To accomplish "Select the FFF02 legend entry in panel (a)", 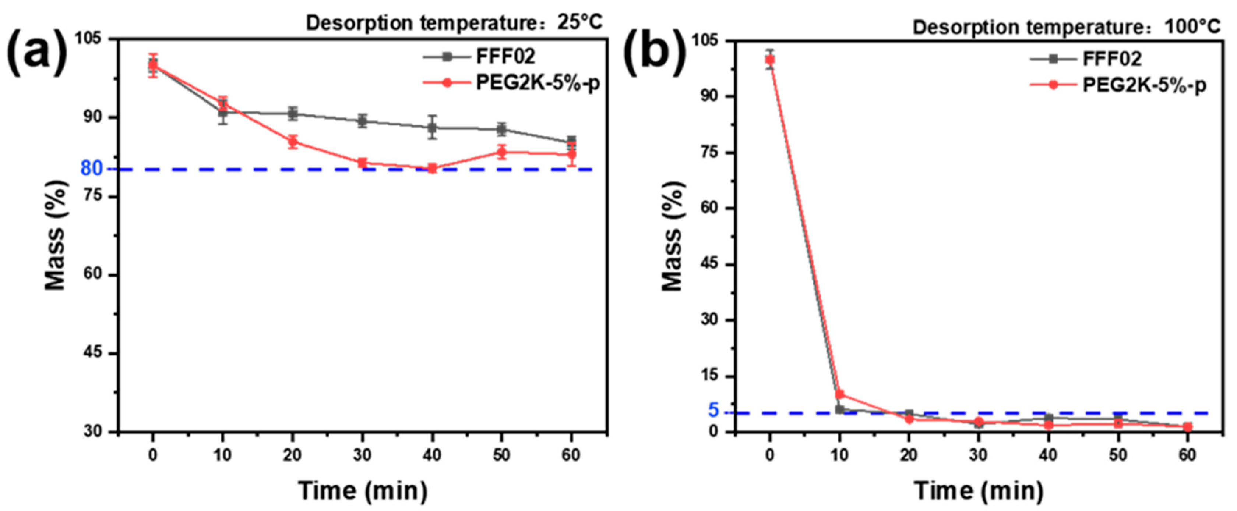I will coord(505,57).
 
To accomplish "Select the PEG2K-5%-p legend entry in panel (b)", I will coord(1144,85).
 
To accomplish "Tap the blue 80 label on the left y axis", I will coord(91,168).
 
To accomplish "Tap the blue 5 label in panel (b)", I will coord(713,410).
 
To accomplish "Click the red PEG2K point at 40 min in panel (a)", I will coord(432,168).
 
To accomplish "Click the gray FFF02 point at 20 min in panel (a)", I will coord(292,114).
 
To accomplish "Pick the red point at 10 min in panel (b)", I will coord(840,394).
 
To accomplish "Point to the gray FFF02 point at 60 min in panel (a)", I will coord(571,141).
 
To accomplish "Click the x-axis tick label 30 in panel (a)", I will coord(362,454).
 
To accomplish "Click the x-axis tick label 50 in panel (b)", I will coord(1118,454).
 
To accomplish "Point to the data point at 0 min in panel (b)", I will coord(770,60).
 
